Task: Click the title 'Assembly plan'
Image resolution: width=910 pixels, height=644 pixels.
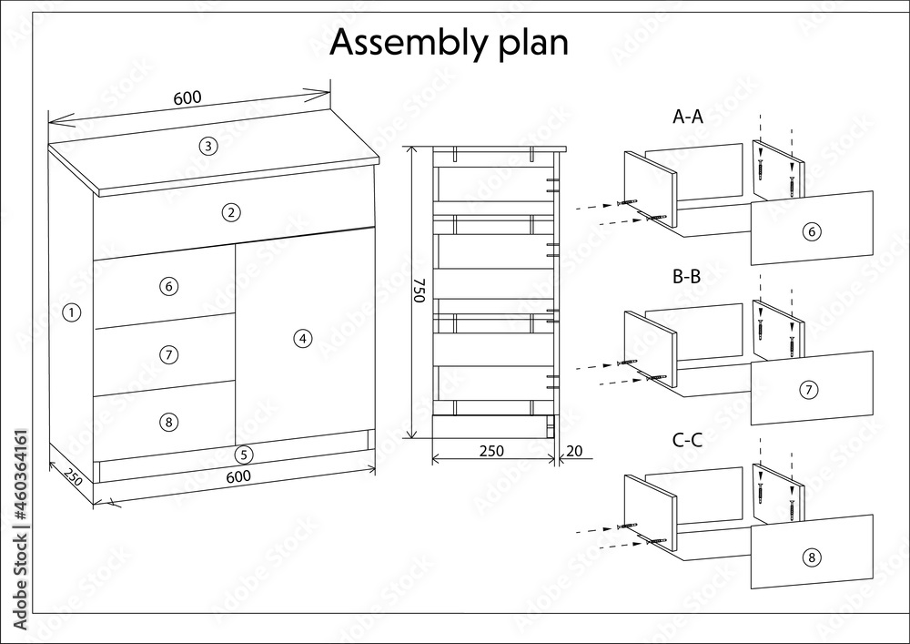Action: (449, 44)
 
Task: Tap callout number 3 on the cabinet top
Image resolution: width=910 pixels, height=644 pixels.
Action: (208, 146)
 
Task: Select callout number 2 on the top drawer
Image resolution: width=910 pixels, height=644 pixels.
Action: (231, 212)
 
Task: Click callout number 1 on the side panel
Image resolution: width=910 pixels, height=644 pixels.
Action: (71, 313)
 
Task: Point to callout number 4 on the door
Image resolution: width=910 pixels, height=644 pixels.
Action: (303, 339)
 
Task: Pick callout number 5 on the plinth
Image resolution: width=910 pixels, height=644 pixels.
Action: (244, 455)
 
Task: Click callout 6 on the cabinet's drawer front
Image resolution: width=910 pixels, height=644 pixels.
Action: (168, 286)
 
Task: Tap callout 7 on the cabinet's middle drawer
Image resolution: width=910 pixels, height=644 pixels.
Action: (168, 354)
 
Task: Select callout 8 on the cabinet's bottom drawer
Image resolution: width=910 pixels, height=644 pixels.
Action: (168, 422)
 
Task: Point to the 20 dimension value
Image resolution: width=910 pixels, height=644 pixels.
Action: (573, 451)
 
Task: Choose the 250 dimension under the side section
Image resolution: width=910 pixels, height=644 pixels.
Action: (491, 451)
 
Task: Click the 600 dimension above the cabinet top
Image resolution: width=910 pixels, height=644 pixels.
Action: (187, 97)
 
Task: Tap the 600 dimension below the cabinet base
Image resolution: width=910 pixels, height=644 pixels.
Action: (238, 476)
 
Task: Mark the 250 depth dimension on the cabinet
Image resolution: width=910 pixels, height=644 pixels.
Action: (72, 477)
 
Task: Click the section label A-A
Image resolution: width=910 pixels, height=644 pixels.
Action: (688, 117)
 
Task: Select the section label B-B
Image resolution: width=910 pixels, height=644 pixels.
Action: (686, 276)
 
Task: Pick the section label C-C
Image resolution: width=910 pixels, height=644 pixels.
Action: (687, 440)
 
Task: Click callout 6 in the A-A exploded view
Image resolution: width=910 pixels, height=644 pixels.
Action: (812, 231)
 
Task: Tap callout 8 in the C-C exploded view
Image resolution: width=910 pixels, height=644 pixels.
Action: (812, 558)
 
